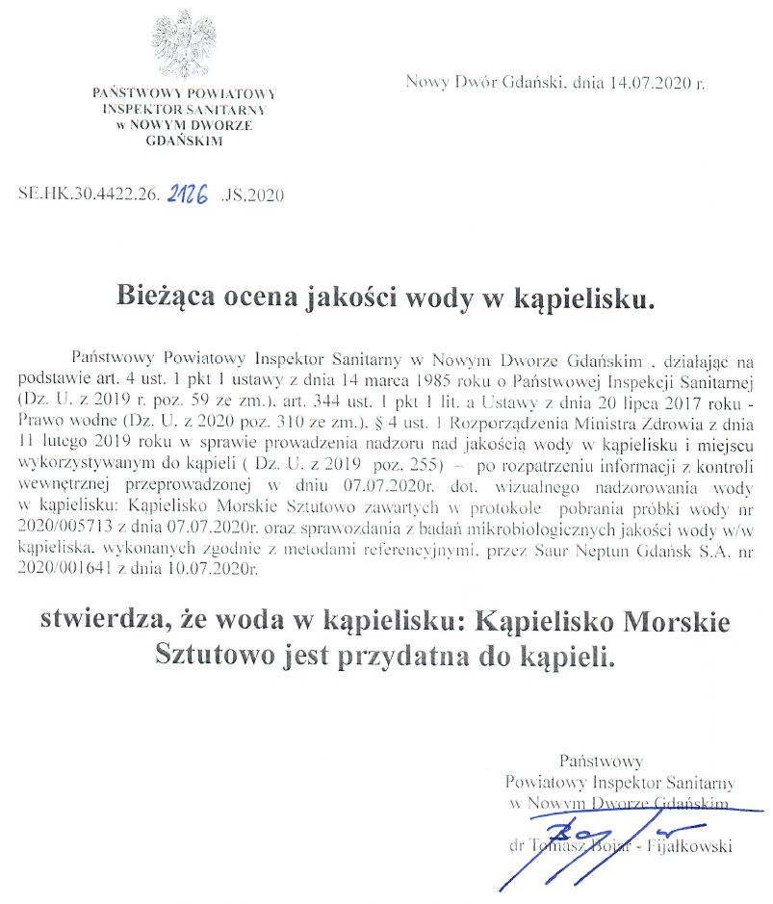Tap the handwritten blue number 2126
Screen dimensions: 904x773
[x=191, y=193]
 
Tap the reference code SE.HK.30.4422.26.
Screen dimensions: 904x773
[x=89, y=194]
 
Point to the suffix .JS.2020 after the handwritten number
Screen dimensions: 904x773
[x=253, y=194]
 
